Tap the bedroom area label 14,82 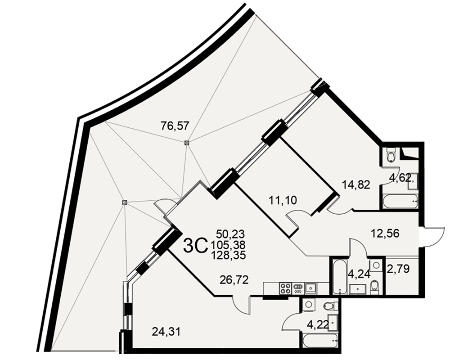pyautogui.click(x=356, y=185)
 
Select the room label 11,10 pyautogui.click(x=283, y=200)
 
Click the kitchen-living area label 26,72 pyautogui.click(x=234, y=279)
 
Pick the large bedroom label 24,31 pyautogui.click(x=166, y=332)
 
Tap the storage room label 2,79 pyautogui.click(x=399, y=269)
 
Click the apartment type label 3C pyautogui.click(x=195, y=247)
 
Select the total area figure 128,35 pyautogui.click(x=229, y=256)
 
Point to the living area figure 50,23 pyautogui.click(x=230, y=234)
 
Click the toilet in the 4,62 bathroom pyautogui.click(x=391, y=154)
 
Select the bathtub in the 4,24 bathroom pyautogui.click(x=340, y=277)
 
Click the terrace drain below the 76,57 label pyautogui.click(x=187, y=142)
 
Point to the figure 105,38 pyautogui.click(x=228, y=245)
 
